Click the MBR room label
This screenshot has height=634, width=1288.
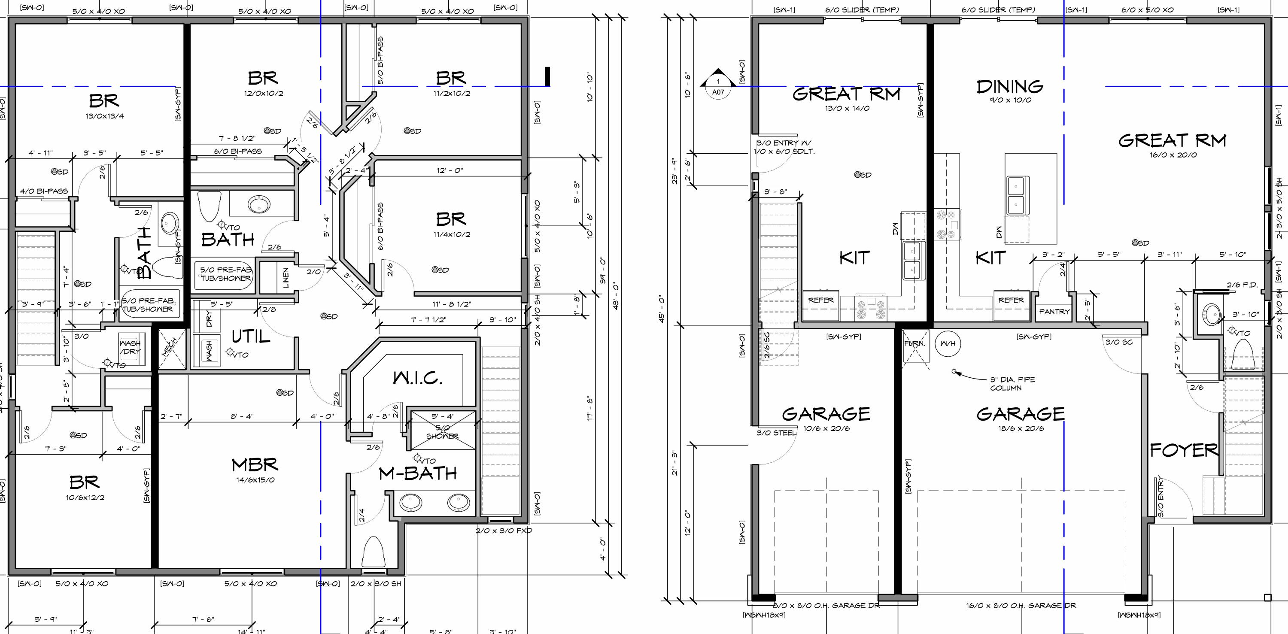click(x=255, y=465)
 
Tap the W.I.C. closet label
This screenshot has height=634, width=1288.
click(x=418, y=379)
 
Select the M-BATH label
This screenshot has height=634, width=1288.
click(x=418, y=473)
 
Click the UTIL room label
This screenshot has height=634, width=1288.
click(x=251, y=337)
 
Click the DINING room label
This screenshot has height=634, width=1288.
click(x=1010, y=87)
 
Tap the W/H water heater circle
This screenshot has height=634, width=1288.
click(x=948, y=343)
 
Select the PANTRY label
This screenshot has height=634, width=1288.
click(x=1054, y=312)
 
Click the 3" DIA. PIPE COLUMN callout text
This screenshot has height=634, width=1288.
click(x=1012, y=383)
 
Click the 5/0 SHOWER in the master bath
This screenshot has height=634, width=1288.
click(x=442, y=431)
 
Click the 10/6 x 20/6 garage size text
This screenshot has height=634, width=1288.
click(x=826, y=428)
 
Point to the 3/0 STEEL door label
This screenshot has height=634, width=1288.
click(x=776, y=433)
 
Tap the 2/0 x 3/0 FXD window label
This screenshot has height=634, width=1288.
click(x=504, y=531)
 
